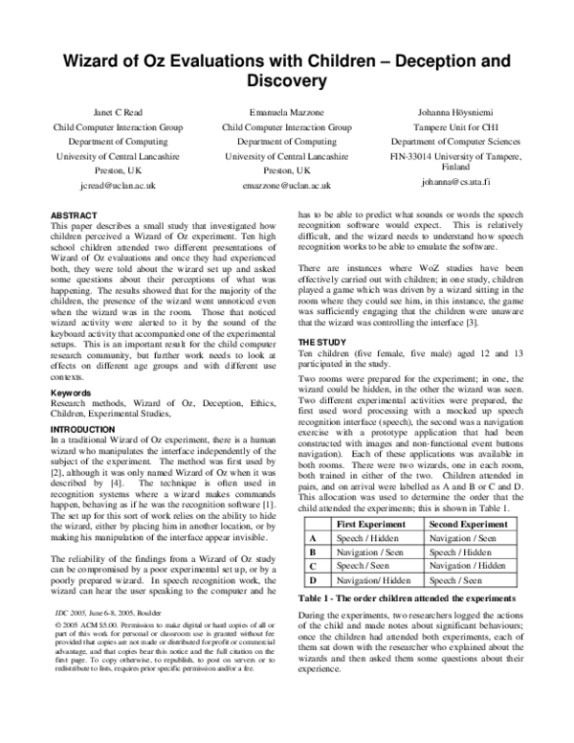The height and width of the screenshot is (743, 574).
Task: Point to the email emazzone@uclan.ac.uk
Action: (286, 185)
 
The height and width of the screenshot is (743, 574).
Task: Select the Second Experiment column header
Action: (468, 526)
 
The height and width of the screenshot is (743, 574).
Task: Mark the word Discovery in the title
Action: (287, 79)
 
